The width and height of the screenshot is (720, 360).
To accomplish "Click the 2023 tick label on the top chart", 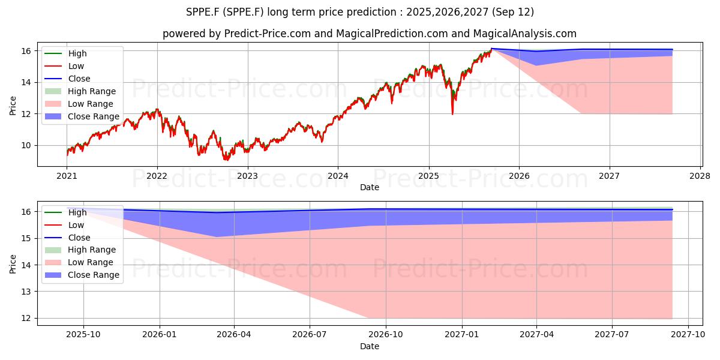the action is (247, 176).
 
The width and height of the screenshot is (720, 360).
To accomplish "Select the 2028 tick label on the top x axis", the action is (700, 176).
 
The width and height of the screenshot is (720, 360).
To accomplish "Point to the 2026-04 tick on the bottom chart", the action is (233, 335).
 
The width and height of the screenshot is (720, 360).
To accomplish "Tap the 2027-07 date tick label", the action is (611, 335).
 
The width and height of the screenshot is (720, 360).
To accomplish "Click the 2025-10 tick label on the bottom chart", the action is (83, 335).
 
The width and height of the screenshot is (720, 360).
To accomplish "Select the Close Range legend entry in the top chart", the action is (82, 116).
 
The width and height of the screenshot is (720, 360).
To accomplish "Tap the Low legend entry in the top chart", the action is (64, 66).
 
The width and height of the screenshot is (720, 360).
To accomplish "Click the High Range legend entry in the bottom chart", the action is (80, 250).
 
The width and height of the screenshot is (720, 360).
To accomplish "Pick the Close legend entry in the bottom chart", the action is (67, 238).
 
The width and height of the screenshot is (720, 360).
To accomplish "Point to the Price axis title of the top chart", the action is (13, 106).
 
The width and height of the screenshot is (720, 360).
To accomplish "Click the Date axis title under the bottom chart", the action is (370, 346).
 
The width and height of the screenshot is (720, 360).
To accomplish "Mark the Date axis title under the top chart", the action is (370, 187).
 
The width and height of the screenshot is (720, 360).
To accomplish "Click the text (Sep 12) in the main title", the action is (512, 12).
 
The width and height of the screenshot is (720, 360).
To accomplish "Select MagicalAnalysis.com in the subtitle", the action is (524, 34).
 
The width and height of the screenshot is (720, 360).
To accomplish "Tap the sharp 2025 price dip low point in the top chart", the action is (452, 114).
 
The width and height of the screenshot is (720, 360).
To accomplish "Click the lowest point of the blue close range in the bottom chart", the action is (217, 237).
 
